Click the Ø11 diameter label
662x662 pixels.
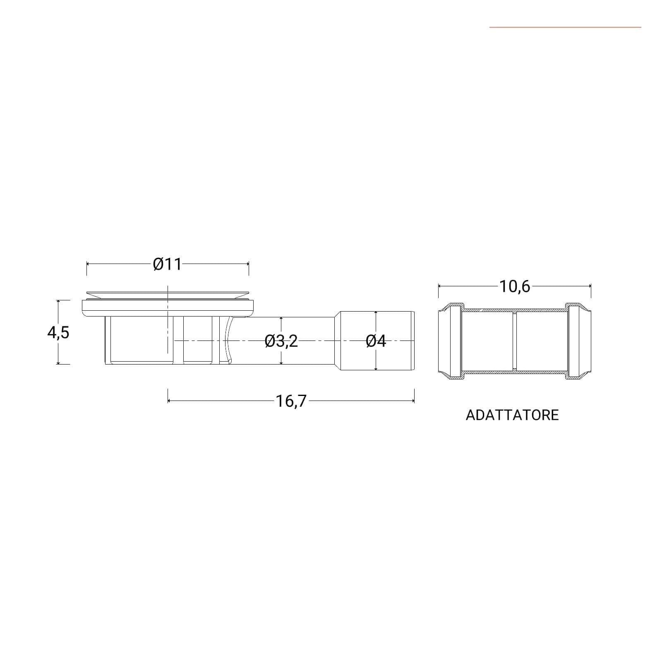pos(167,264)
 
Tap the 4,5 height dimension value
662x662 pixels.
pos(58,332)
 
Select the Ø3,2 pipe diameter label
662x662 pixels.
pos(281,341)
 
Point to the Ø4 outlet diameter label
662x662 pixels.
pos(376,341)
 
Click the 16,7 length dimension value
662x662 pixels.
pos(291,401)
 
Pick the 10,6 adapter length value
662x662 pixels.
pos(515,286)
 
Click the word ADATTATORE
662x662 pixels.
pos(512,415)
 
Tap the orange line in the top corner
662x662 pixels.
pos(565,27)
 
